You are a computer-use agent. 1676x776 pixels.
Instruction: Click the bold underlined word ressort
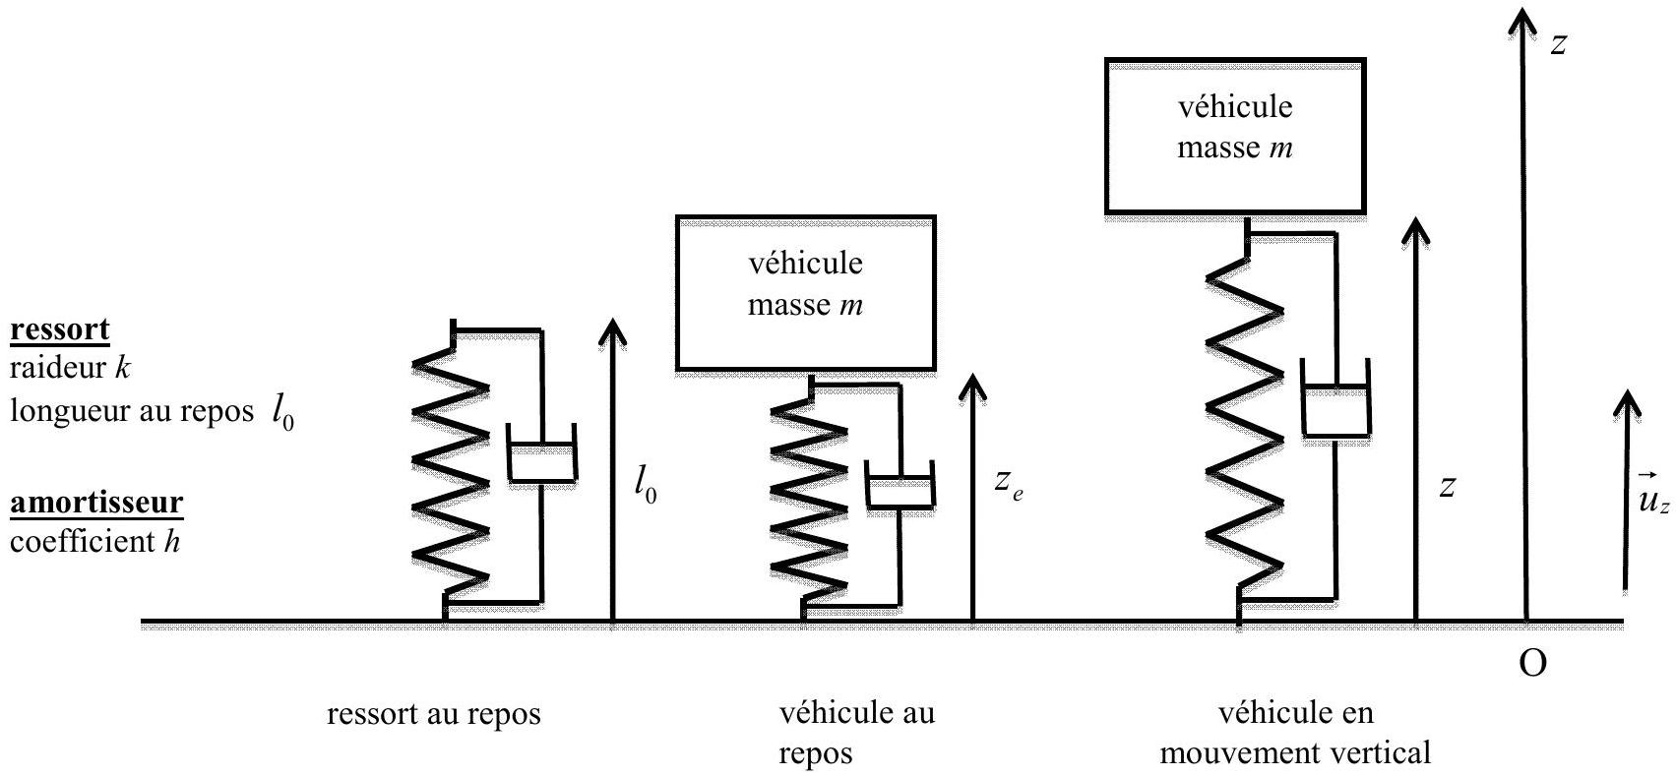[60, 329]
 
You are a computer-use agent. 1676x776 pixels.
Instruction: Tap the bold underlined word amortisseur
[96, 503]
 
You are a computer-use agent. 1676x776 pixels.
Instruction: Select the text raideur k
[70, 368]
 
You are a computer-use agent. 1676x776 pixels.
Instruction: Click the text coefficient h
[95, 541]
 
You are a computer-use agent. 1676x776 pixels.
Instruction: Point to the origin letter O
[1532, 663]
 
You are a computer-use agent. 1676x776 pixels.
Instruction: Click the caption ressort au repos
[434, 714]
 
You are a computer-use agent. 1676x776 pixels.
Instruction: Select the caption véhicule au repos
[857, 733]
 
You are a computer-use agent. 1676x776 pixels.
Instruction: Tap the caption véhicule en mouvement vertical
[1295, 733]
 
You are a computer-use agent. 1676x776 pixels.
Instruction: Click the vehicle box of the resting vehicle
[806, 293]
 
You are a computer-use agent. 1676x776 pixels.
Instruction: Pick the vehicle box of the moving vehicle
[1235, 136]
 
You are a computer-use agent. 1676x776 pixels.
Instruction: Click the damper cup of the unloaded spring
[541, 453]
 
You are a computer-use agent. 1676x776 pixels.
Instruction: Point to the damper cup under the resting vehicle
[900, 485]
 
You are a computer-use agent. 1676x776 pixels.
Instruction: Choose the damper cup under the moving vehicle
[1335, 397]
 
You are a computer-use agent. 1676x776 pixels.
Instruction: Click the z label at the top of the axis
[1559, 44]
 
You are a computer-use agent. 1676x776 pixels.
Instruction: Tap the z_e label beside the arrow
[1009, 485]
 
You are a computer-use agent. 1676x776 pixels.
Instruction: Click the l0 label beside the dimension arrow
[645, 485]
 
